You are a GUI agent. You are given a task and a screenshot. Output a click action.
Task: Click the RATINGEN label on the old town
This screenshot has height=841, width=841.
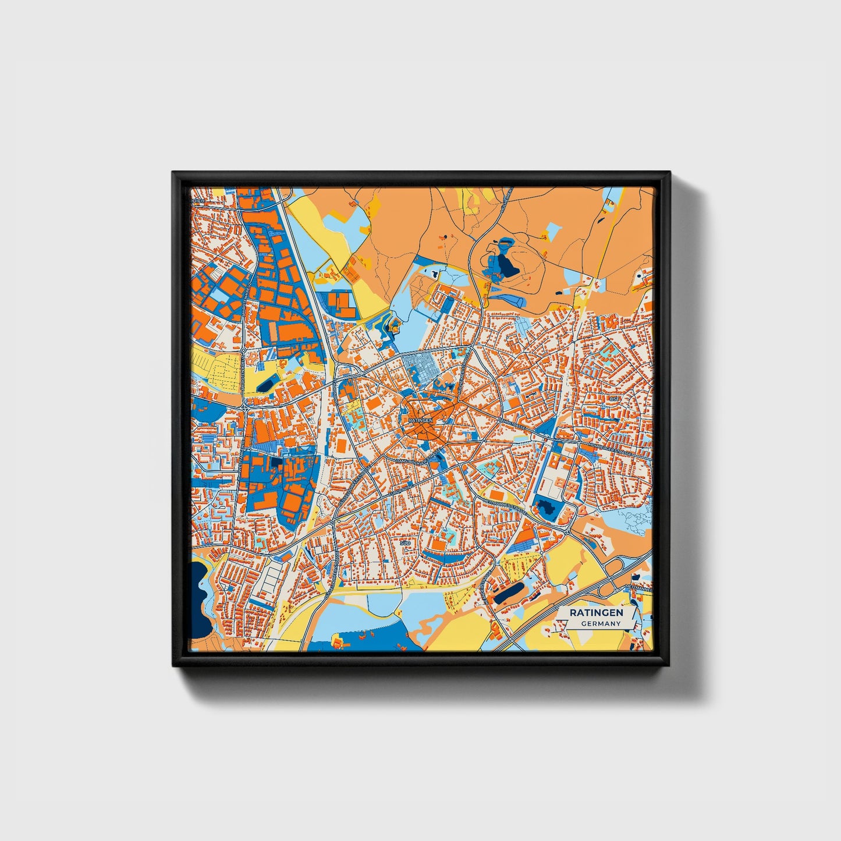point(421,420)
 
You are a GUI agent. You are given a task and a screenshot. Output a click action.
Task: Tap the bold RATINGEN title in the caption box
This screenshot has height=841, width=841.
point(597,613)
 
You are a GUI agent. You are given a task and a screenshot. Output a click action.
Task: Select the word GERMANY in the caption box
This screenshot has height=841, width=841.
point(601,624)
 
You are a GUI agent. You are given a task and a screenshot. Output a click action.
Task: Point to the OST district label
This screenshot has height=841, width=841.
point(615,399)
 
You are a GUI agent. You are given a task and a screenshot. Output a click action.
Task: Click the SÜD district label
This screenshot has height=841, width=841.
point(406,542)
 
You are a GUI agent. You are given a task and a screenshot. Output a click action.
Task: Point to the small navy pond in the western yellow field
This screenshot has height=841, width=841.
point(265,385)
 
